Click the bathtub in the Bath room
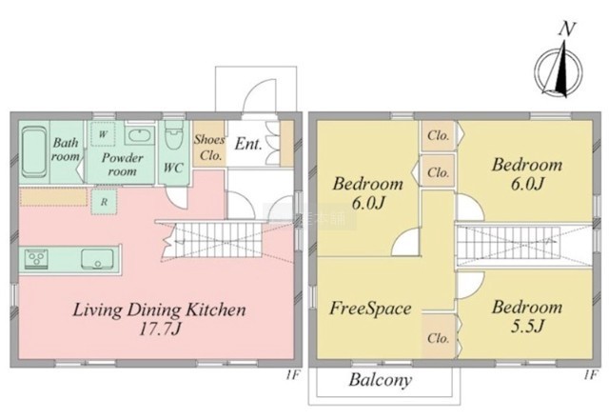(x=34, y=153)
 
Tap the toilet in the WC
(x=173, y=137)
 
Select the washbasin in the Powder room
(x=140, y=135)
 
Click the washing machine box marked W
(x=103, y=134)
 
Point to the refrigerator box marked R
(x=104, y=202)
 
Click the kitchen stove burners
(x=36, y=258)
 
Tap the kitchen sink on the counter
(x=97, y=258)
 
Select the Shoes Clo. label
(x=209, y=148)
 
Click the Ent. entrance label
(x=248, y=144)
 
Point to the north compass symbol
(x=558, y=71)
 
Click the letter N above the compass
(x=567, y=29)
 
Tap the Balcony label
(x=380, y=380)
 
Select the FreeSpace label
(x=370, y=309)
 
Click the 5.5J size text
(x=526, y=326)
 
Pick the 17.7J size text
(x=160, y=329)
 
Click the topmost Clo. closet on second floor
(x=439, y=135)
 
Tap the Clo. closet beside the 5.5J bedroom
(x=439, y=337)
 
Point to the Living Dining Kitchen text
(x=159, y=310)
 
